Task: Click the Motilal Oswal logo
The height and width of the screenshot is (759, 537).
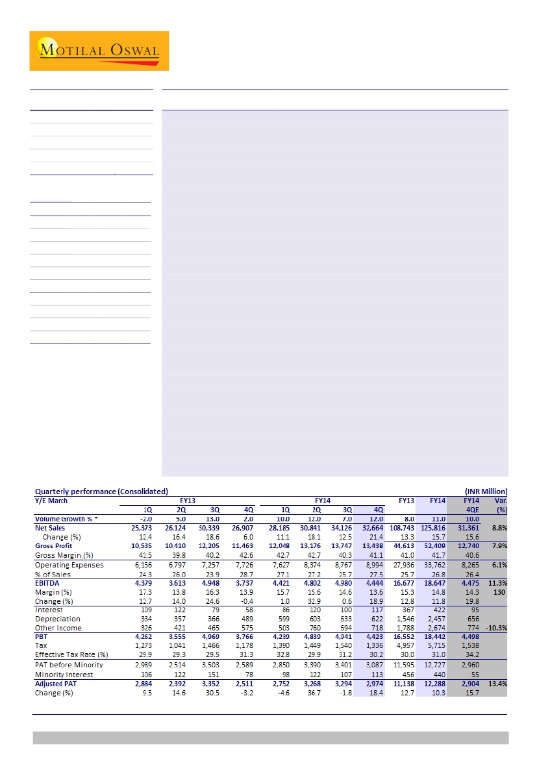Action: pyautogui.click(x=99, y=51)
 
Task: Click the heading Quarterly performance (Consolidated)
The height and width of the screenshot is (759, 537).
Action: pyautogui.click(x=101, y=491)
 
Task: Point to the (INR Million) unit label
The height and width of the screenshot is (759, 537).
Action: pyautogui.click(x=486, y=491)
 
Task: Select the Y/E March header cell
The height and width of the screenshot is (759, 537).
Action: pyautogui.click(x=51, y=501)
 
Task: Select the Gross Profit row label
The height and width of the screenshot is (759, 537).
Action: pyautogui.click(x=55, y=546)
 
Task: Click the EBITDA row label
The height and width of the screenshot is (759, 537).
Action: pyautogui.click(x=48, y=583)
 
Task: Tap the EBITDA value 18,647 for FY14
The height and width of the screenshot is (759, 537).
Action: pyautogui.click(x=435, y=583)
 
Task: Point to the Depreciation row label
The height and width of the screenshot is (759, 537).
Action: pyautogui.click(x=58, y=619)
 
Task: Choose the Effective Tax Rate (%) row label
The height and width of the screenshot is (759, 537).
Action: pyautogui.click(x=72, y=656)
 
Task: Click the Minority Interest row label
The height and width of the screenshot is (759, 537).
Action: pyautogui.click(x=64, y=675)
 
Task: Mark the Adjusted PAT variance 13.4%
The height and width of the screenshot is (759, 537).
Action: pyautogui.click(x=497, y=684)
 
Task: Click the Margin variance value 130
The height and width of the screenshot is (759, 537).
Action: pyautogui.click(x=500, y=592)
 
